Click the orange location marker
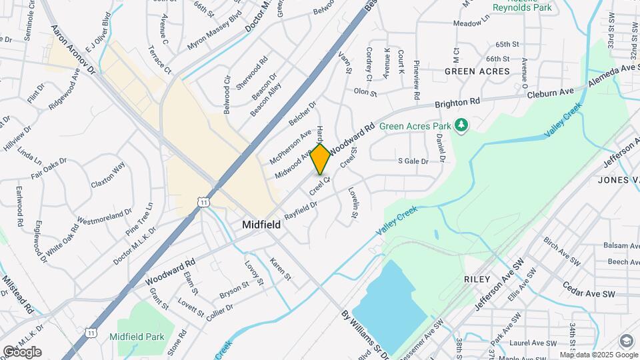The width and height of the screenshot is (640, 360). tap(321, 159)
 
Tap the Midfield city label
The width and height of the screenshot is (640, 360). tap(261, 225)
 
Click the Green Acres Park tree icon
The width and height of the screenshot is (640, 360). tap(461, 125)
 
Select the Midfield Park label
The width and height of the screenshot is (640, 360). tap(137, 337)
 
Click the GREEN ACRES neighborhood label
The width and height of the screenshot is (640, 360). tap(477, 71)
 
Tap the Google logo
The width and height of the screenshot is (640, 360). tap(22, 352)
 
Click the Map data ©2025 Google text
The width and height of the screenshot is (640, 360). tap(587, 355)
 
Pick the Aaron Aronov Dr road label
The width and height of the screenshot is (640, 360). tap(74, 51)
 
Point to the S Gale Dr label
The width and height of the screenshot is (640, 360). tap(412, 161)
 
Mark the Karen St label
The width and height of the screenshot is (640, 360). tap(280, 269)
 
